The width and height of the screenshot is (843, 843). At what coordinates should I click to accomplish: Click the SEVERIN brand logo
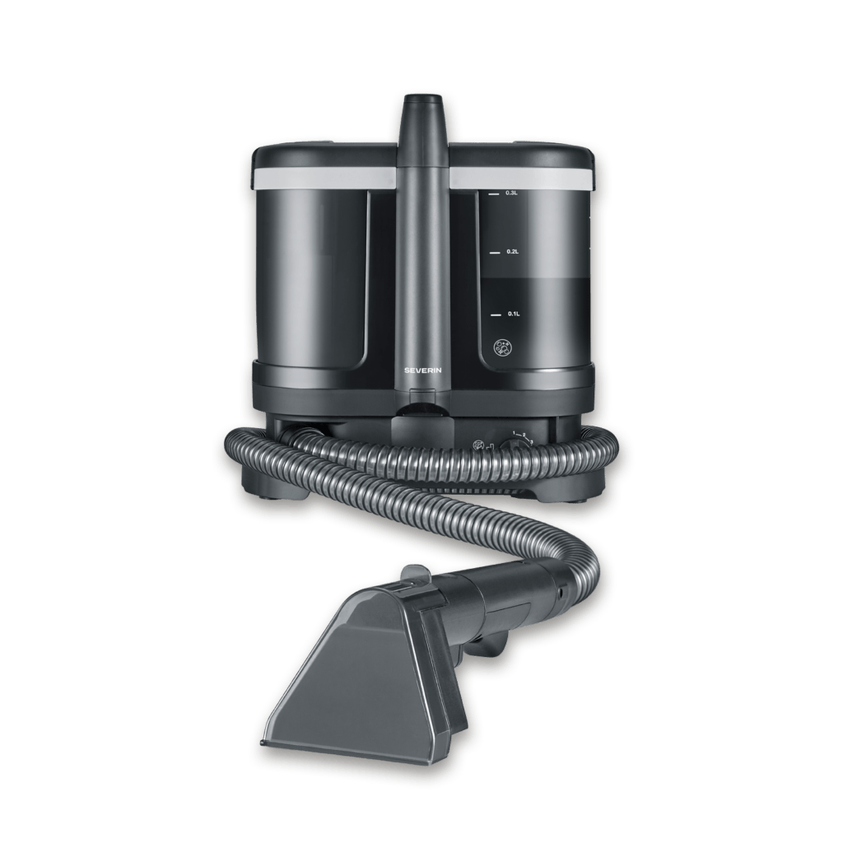pos(423,371)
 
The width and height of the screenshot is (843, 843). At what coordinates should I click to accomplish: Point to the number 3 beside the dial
pos(531,443)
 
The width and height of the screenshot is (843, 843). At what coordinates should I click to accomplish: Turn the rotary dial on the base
pos(518,445)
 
